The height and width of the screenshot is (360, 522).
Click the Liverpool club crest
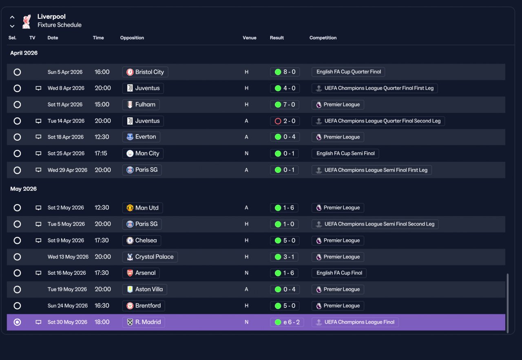click(x=27, y=22)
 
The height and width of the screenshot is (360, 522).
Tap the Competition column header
click(x=323, y=38)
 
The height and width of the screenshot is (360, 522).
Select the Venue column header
click(x=249, y=38)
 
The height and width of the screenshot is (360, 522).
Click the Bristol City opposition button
click(x=145, y=72)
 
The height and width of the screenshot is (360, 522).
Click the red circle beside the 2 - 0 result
click(x=278, y=121)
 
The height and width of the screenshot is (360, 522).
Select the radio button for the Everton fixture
click(x=17, y=137)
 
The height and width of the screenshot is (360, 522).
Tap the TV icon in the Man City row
click(x=38, y=153)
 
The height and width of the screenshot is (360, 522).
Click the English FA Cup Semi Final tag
click(x=345, y=153)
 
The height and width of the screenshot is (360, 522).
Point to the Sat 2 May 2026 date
click(x=66, y=208)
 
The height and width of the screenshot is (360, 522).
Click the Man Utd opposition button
click(x=142, y=208)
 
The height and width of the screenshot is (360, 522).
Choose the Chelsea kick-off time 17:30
click(x=102, y=240)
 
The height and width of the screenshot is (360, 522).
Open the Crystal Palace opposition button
click(x=150, y=257)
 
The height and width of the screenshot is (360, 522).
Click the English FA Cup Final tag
click(x=339, y=273)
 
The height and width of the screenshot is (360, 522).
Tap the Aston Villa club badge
click(x=130, y=289)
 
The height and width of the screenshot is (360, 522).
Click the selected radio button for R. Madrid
click(x=17, y=322)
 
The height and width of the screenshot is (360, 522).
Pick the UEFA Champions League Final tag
click(x=355, y=322)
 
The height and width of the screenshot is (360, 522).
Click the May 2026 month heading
click(x=23, y=189)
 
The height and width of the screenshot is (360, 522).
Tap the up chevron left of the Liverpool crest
click(x=12, y=17)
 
